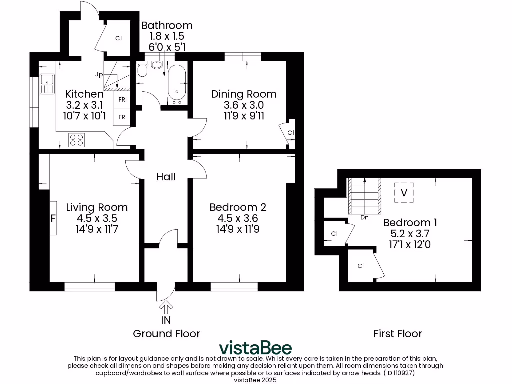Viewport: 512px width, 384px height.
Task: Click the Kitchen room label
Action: (84, 94)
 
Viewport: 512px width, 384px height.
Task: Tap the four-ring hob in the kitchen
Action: (76, 140)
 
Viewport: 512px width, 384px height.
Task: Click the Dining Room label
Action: (243, 94)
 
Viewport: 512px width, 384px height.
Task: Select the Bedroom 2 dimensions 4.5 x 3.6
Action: (237, 218)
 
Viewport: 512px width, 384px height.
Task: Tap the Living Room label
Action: (97, 207)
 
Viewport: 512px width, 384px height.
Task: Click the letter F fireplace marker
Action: (52, 218)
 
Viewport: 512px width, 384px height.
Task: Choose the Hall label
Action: (165, 176)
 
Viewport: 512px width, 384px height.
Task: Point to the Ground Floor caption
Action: (166, 333)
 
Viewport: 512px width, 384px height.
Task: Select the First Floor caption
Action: (398, 333)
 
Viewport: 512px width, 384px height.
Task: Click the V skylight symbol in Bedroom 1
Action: (404, 192)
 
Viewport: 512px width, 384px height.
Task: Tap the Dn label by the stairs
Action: (365, 217)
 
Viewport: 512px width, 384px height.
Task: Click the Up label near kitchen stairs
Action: (98, 74)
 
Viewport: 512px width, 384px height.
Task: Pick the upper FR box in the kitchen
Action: (121, 99)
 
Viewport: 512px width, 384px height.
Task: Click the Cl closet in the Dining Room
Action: (290, 132)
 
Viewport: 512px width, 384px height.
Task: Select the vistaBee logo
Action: (256, 348)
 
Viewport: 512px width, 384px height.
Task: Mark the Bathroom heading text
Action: (167, 25)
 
